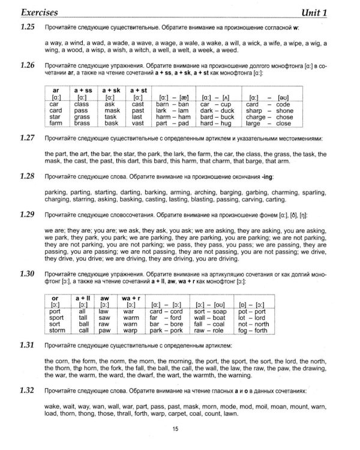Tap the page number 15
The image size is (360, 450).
[x=175, y=428]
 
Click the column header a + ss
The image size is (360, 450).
[x=82, y=90]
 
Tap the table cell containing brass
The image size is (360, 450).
[x=82, y=124]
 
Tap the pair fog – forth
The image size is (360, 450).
[x=254, y=331]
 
